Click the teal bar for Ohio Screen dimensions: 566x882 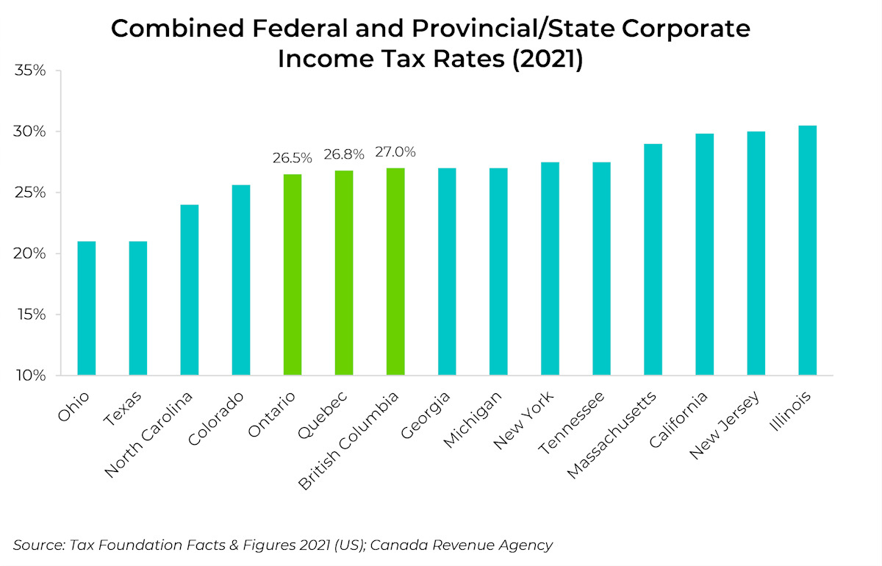pos(86,308)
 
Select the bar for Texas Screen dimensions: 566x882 pos(137,308)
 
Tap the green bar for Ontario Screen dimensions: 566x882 pos(293,275)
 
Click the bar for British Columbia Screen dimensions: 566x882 pos(395,272)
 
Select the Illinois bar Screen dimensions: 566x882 pos(807,251)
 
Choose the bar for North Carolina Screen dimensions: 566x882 pos(189,290)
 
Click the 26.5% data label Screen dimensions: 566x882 pos(293,158)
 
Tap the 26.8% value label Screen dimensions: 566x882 pos(344,155)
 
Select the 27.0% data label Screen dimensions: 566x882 pos(395,152)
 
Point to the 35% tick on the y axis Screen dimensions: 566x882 pos(30,71)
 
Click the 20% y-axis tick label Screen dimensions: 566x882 pos(30,254)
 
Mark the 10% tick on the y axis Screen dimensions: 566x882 pos(30,376)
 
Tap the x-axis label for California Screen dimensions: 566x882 pos(678,422)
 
